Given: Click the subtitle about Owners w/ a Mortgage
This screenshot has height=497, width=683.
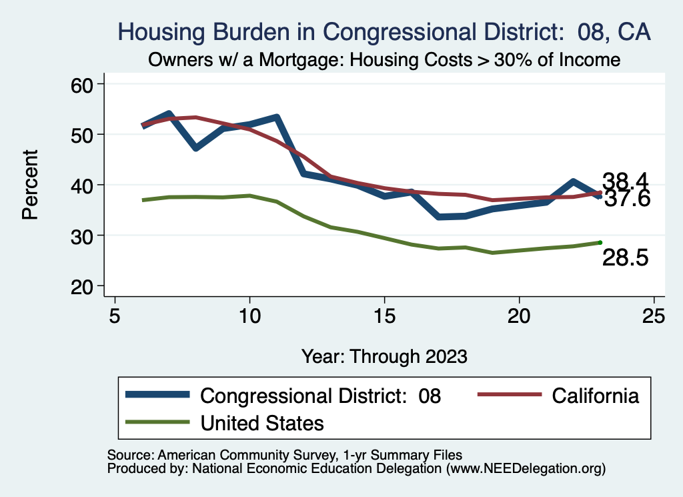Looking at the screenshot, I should pyautogui.click(x=384, y=60).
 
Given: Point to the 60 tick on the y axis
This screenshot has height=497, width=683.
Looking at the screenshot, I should pyautogui.click(x=84, y=84).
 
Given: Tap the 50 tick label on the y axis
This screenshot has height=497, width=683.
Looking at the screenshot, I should pyautogui.click(x=84, y=135).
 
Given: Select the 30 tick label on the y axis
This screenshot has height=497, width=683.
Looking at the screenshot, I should pyautogui.click(x=84, y=235).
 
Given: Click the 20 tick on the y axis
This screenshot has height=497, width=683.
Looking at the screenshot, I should pyautogui.click(x=84, y=286).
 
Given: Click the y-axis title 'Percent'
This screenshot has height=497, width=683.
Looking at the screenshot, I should pyautogui.click(x=30, y=185).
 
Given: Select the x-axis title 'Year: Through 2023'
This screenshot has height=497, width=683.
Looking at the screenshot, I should pyautogui.click(x=384, y=356).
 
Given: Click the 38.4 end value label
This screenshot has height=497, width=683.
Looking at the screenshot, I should pyautogui.click(x=626, y=181).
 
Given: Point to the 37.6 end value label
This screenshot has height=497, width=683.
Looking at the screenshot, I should pyautogui.click(x=627, y=199).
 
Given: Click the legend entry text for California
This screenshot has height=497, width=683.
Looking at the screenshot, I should pyautogui.click(x=596, y=396).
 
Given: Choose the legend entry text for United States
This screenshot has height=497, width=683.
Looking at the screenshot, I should pyautogui.click(x=262, y=423).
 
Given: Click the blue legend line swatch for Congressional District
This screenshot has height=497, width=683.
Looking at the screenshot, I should pyautogui.click(x=159, y=396).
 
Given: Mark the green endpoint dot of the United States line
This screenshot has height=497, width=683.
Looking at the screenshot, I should pyautogui.click(x=600, y=242).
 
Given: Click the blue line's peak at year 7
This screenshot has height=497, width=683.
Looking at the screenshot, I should pyautogui.click(x=169, y=115).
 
